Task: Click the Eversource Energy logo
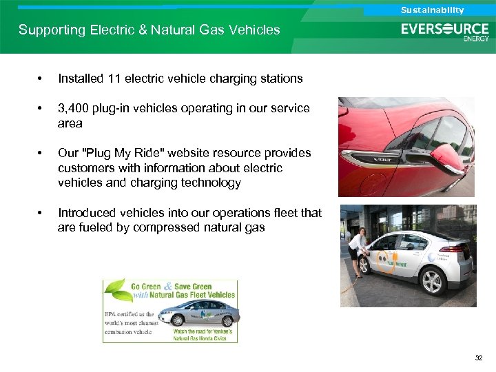(445, 32)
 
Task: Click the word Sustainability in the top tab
(433, 10)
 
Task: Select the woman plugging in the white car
(358, 249)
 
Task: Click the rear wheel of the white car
(432, 282)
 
